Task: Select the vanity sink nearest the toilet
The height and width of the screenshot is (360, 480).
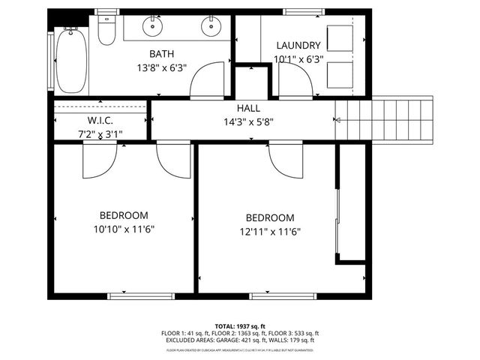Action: [153, 28]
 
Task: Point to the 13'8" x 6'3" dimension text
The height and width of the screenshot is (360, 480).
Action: [161, 67]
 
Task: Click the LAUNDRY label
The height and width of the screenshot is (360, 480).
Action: [298, 46]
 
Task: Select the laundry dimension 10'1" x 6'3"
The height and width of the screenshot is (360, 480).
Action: [298, 59]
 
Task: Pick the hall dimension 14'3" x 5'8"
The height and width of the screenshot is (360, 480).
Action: [248, 122]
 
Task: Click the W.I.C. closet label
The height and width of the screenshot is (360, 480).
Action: [100, 120]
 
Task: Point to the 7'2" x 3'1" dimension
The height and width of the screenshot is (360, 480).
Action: [100, 134]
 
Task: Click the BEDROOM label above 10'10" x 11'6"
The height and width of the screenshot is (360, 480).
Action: [124, 214]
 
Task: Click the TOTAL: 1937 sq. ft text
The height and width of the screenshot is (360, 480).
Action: [240, 326]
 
